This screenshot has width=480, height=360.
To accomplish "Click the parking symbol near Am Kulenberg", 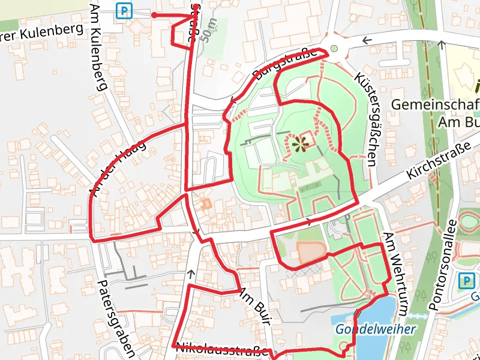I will pyautogui.click(x=124, y=10).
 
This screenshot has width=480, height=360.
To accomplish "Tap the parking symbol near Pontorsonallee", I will pyautogui.click(x=466, y=281).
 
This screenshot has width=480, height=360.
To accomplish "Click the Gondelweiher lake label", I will pyautogui.click(x=376, y=329).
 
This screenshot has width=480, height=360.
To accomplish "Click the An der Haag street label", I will pyautogui.click(x=118, y=168).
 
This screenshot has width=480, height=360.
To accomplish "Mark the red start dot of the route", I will pyautogui.click(x=154, y=15).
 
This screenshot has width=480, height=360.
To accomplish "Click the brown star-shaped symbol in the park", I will pyautogui.click(x=301, y=143).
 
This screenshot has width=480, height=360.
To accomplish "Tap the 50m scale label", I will pyautogui.click(x=209, y=31).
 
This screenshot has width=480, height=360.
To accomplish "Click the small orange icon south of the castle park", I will pyautogui.click(x=206, y=204).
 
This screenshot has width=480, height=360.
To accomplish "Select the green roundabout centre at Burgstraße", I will pyautogui.click(x=334, y=49).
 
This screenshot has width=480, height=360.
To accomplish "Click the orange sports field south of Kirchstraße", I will pyautogui.click(x=311, y=251).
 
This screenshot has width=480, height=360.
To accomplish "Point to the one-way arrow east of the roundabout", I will pyautogui.click(x=367, y=41).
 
